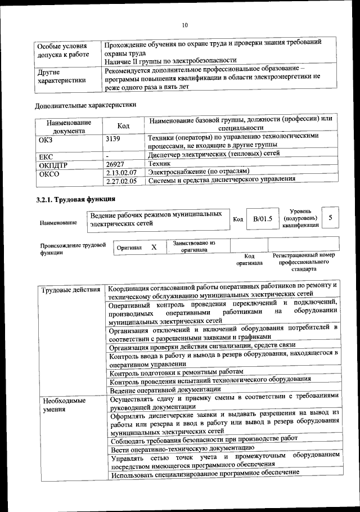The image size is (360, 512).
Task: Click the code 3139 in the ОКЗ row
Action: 114,138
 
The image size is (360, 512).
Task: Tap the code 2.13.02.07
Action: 121,172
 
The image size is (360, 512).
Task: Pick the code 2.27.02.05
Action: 121,181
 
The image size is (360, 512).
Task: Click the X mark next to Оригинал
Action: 154,247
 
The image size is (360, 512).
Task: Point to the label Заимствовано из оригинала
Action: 194,246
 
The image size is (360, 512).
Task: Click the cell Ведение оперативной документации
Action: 165,389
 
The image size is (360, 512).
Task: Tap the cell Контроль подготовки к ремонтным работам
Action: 177,372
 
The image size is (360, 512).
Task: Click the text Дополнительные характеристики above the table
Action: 85,105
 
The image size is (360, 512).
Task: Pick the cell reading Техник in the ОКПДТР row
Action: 159,163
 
